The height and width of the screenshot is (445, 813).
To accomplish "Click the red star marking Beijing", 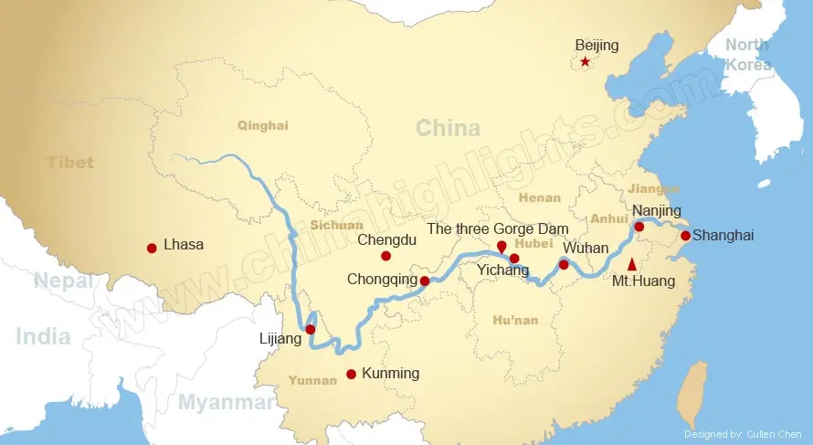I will [x=585, y=62].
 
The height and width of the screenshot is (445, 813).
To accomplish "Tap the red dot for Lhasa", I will [x=152, y=248].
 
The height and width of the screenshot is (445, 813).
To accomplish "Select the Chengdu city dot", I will [x=385, y=256].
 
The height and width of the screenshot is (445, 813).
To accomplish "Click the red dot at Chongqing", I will [x=424, y=281].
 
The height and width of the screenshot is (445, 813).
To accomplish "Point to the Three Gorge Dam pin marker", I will [x=501, y=247].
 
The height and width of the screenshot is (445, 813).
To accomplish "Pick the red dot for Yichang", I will [x=514, y=259].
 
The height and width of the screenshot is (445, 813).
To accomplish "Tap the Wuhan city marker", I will [x=564, y=265].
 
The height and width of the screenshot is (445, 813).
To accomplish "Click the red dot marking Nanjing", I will [x=639, y=227].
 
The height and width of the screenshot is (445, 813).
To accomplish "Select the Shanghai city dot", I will [x=685, y=236].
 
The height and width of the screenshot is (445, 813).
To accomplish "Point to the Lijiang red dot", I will [x=310, y=329].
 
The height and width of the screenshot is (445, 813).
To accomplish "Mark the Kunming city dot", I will [x=351, y=374].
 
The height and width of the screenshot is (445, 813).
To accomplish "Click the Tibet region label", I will [x=70, y=162].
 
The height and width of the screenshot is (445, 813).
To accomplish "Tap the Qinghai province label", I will [x=262, y=125].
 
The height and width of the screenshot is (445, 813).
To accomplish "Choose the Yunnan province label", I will [x=312, y=380].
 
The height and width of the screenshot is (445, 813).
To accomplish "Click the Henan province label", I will [x=539, y=197].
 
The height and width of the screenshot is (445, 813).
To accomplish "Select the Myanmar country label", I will [x=226, y=402].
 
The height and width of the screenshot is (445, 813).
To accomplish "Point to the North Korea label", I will [x=748, y=54].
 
